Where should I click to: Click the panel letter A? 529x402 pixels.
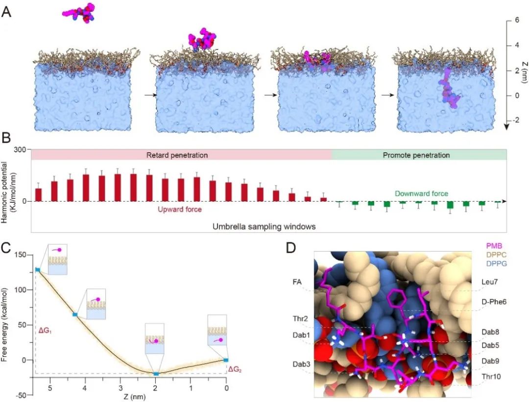pyautogui.click(x=7, y=11)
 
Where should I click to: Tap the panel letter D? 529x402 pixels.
pyautogui.click(x=291, y=248)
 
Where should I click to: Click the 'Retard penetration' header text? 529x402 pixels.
pyautogui.click(x=177, y=155)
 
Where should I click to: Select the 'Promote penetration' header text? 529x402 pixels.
pyautogui.click(x=419, y=155)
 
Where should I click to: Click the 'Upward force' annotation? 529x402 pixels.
pyautogui.click(x=180, y=209)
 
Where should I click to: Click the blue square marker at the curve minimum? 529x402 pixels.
pyautogui.click(x=156, y=374)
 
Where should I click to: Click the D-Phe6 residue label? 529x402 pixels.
pyautogui.click(x=494, y=302)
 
